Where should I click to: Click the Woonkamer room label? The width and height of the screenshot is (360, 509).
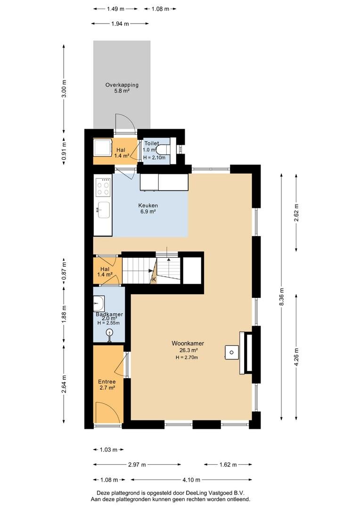[x=188, y=344]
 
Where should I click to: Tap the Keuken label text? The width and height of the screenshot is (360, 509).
[x=148, y=205]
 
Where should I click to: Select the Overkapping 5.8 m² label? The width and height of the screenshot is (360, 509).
[x=122, y=88]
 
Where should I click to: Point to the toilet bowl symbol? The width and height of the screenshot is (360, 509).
[x=163, y=150]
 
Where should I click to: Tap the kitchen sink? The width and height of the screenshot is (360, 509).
[x=103, y=210]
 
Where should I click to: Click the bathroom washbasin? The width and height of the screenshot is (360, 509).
[x=98, y=304]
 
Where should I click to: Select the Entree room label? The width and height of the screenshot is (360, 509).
[x=107, y=382]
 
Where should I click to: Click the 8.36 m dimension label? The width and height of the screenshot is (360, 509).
[x=282, y=296]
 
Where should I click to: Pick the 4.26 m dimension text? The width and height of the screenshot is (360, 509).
[x=296, y=357]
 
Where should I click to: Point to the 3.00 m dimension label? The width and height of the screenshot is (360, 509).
[x=64, y=89]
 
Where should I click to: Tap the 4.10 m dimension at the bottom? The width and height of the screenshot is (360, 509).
[x=191, y=480]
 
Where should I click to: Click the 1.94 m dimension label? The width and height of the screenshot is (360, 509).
[x=120, y=24]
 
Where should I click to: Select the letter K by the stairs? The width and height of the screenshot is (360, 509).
[x=154, y=279]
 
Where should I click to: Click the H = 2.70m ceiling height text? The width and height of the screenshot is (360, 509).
[x=187, y=357]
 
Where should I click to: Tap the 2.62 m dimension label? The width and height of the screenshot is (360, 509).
[x=296, y=213]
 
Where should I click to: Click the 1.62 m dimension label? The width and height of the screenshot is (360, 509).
[x=228, y=465]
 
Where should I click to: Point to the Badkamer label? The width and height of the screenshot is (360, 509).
[x=109, y=314]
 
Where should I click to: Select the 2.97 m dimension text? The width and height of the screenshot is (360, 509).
[x=137, y=465]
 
